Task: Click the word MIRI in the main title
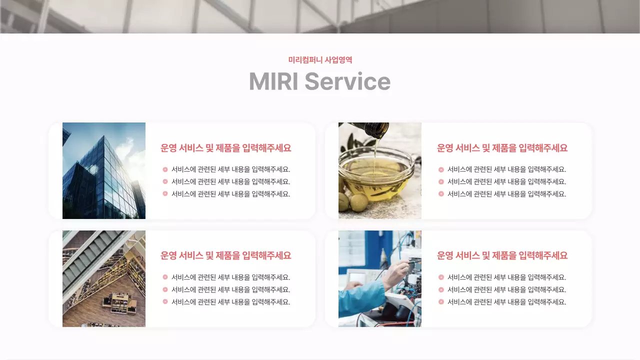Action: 273,81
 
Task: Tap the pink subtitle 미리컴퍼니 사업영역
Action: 320,60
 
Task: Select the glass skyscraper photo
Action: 104,170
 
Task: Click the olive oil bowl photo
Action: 380,170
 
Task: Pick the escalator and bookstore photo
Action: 104,278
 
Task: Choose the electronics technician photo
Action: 380,278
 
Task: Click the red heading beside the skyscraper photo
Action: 225,148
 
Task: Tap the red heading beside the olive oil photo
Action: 502,148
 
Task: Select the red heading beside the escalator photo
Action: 225,255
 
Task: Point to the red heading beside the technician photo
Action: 502,255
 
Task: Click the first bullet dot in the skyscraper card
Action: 165,169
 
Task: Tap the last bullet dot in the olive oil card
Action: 441,194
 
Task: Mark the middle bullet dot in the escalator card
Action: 165,289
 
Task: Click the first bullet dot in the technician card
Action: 441,277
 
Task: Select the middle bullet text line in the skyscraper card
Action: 230,181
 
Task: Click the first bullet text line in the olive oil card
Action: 506,169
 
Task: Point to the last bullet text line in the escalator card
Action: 230,302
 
